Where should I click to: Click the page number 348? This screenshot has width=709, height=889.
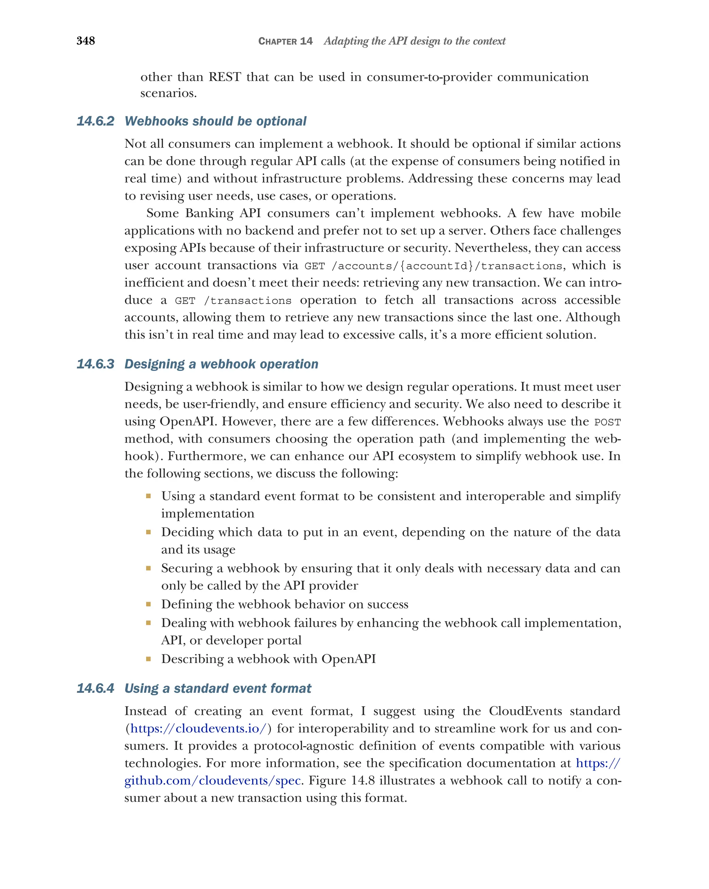coord(86,41)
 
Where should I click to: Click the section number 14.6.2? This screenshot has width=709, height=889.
coord(95,121)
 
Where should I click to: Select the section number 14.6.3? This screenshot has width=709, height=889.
coord(95,364)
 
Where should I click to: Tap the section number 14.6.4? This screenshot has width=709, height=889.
coord(95,688)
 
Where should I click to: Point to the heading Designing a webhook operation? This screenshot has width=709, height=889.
coord(222,364)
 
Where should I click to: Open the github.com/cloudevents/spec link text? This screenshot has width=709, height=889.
coord(213,781)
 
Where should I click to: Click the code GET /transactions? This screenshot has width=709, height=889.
coord(233,301)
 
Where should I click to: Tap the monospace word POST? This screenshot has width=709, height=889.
coord(607,422)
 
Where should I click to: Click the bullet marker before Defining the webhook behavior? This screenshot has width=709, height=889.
coord(148,605)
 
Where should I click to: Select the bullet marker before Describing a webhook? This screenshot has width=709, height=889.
coord(148,659)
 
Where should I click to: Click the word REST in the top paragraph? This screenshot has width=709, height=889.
coord(224,77)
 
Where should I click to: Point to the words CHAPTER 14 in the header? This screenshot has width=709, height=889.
coord(285,41)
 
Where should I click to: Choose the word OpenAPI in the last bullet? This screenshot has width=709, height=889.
coord(349,659)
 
